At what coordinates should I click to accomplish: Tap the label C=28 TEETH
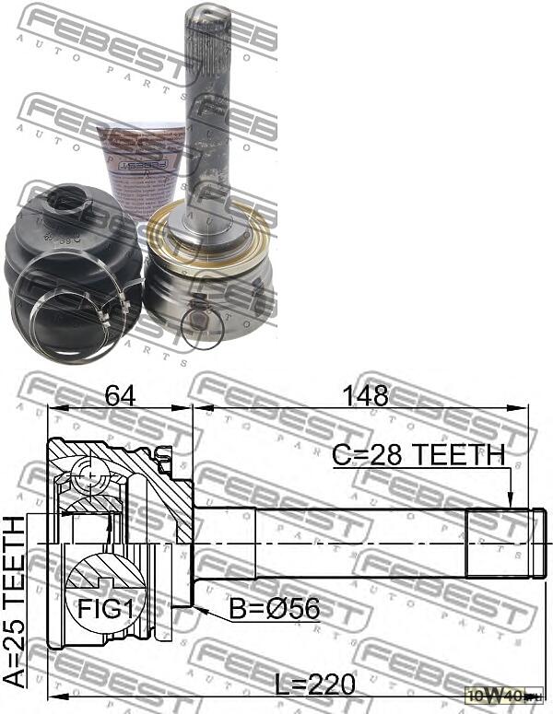[x=419, y=454]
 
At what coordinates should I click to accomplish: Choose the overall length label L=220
[x=313, y=684]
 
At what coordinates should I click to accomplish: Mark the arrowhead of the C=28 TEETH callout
[x=510, y=501]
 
